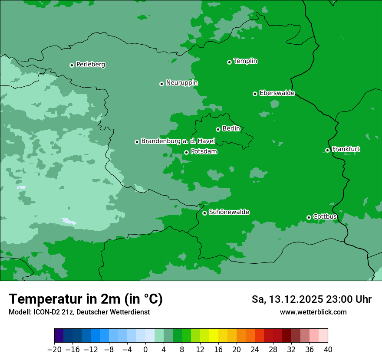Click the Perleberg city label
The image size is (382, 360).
90,65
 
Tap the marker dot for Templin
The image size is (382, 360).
229,62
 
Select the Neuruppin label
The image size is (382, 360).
181,83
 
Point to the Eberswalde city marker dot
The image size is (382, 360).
255,94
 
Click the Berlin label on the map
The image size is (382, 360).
231,129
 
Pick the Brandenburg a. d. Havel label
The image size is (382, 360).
178,141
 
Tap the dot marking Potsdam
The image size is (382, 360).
186,152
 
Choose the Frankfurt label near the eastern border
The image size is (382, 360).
346,149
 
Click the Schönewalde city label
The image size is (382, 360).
229,212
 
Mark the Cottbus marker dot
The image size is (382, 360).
309,217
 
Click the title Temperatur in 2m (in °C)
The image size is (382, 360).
86,299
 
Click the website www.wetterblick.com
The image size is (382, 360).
313,312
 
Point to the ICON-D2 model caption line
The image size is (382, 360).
79,312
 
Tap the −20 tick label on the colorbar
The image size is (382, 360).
54,350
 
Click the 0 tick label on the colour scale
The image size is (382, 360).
145,350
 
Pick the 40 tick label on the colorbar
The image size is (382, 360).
328,350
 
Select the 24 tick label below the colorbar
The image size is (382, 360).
255,350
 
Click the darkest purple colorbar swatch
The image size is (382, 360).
59,336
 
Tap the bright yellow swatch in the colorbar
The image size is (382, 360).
214,336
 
